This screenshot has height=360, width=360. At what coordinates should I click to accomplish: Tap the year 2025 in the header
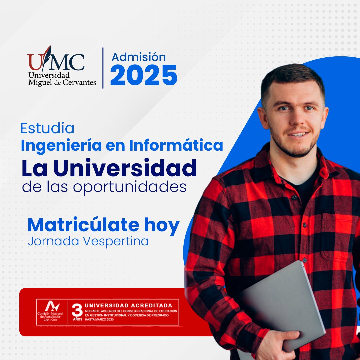point(144,75)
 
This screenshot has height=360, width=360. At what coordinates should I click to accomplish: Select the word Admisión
point(139,57)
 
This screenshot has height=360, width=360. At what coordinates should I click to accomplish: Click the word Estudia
point(47,129)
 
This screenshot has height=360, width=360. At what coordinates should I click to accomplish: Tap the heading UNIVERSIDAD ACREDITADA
point(129,305)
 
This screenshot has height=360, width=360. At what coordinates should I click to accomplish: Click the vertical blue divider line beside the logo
point(103,68)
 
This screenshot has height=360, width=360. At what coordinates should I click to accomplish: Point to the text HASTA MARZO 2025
point(100,319)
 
